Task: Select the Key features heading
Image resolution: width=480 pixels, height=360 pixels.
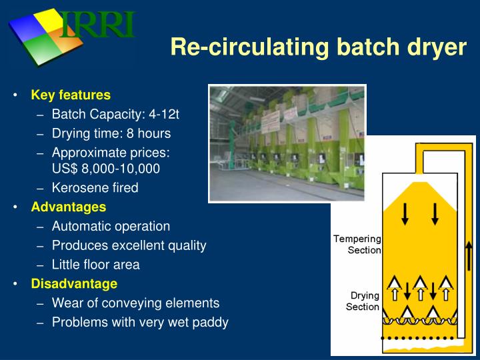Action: pos(71,95)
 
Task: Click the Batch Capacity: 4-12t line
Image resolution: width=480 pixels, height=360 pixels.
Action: pos(115,114)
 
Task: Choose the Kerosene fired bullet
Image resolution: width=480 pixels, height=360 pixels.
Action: pos(95,188)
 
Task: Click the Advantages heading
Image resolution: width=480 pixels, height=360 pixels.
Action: pos(68,207)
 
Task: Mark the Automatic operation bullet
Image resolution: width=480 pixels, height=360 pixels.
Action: pos(111,226)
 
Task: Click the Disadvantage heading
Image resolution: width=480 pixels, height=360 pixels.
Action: pos(74,283)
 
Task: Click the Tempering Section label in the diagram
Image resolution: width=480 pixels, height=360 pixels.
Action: pos(357,245)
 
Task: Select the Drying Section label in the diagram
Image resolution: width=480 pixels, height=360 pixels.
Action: pos(363,301)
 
